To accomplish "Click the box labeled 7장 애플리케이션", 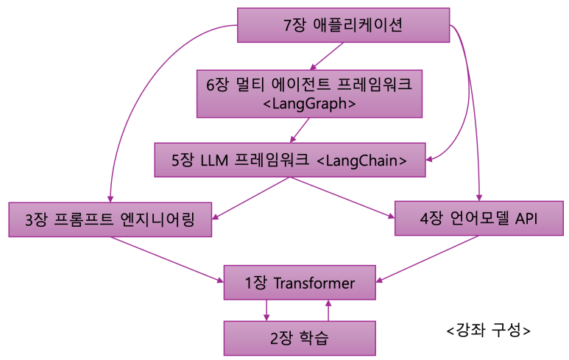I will pos(343,25).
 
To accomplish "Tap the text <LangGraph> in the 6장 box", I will pos(309,104).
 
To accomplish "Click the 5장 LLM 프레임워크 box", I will pos(290,160).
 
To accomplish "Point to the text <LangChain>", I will pos(360,160).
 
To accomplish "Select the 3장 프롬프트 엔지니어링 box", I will pos(110,219).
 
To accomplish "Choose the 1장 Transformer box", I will pos(300,283).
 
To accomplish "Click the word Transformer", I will pos(314,283).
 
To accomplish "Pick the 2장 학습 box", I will pos(300,339).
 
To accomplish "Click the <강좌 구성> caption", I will pos(488,330).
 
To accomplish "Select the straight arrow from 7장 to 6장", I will pos(328,56).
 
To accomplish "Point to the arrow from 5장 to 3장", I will pos(250,198).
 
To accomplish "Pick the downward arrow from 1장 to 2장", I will pos(267,310).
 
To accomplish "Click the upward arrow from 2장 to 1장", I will pos(329,310).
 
